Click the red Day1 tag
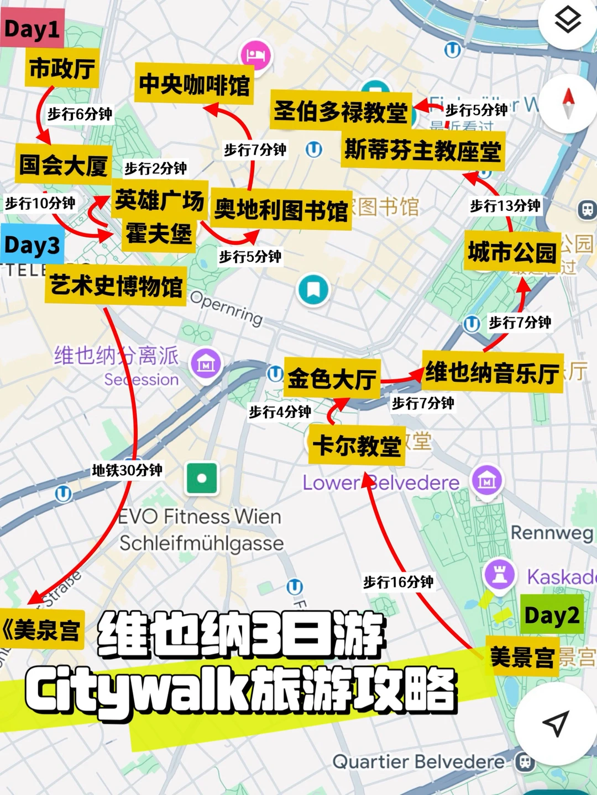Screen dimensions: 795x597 [x=32, y=29]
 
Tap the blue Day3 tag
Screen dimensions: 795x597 [x=32, y=245]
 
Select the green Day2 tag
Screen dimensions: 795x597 [x=552, y=614]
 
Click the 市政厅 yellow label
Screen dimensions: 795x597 [x=62, y=68]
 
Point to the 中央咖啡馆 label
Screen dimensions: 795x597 [x=194, y=84]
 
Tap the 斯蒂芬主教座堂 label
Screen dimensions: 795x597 [x=423, y=150]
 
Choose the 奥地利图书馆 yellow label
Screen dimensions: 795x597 [x=281, y=210]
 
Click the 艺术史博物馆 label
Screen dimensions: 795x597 [x=116, y=286]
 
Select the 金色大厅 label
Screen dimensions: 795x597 [x=332, y=379]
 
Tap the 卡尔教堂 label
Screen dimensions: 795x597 [x=357, y=445]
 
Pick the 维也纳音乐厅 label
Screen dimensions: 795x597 [x=493, y=372]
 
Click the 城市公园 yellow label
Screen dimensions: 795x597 [x=512, y=252]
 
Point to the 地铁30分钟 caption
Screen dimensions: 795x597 [x=127, y=470]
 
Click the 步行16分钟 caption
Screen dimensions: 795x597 [x=398, y=582]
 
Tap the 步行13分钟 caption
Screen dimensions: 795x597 [x=505, y=206]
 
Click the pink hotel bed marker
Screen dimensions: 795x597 [x=256, y=55]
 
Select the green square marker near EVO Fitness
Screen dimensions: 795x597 [x=202, y=478]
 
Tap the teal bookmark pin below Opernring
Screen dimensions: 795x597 [x=313, y=289]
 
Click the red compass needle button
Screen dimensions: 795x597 [x=568, y=103]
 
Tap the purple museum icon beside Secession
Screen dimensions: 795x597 [x=206, y=364]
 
